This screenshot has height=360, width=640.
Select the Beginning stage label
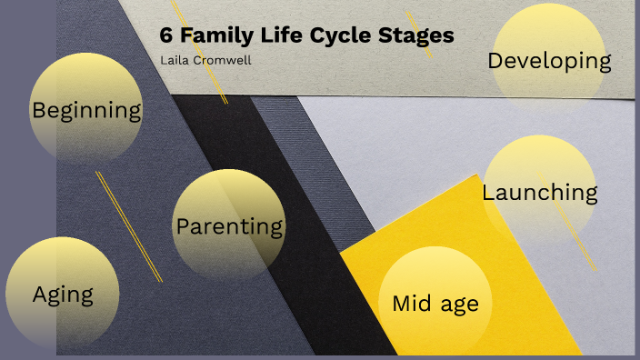86,111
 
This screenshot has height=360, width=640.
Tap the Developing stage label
549,61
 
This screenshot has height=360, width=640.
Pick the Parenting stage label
229,226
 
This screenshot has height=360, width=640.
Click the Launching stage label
539,193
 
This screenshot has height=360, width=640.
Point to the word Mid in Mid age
411,304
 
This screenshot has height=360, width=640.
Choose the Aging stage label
63,295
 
